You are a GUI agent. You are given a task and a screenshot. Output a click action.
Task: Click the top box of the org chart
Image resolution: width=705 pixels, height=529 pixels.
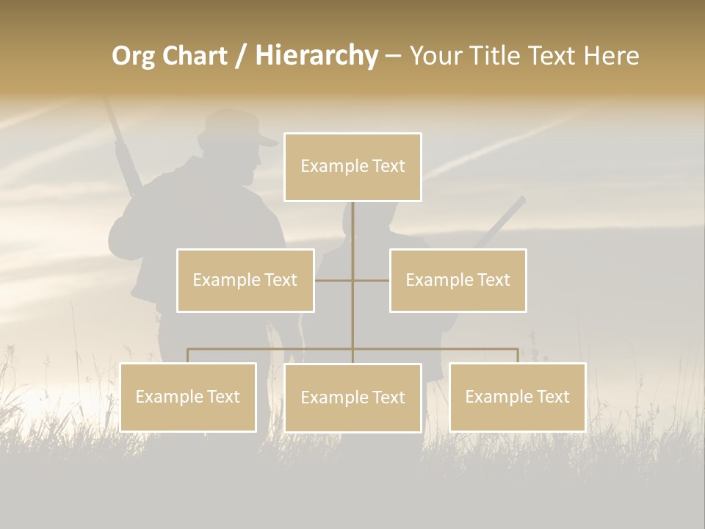coord(352,167)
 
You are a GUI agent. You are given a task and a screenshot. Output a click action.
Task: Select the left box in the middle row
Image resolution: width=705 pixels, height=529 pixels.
coord(245,280)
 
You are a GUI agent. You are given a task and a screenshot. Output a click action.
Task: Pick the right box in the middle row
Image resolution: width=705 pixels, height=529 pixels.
coord(458,280)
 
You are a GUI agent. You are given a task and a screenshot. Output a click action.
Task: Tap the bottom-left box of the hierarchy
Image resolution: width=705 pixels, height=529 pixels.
coord(188,397)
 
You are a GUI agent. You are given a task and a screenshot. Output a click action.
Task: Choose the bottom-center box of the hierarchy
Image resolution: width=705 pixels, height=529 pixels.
coord(352,397)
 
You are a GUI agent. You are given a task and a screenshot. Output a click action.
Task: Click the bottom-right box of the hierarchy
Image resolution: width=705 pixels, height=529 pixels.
coord(517,397)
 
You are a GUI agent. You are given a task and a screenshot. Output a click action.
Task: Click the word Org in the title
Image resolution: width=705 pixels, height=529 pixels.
coord(133,56)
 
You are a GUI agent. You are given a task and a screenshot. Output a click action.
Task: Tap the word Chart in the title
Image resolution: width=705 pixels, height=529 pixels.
coord(193,56)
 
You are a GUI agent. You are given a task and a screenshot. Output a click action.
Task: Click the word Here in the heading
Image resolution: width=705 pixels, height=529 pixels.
coord(611,56)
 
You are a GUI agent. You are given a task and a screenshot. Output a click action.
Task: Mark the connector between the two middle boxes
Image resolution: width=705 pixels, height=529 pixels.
coord(352,280)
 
